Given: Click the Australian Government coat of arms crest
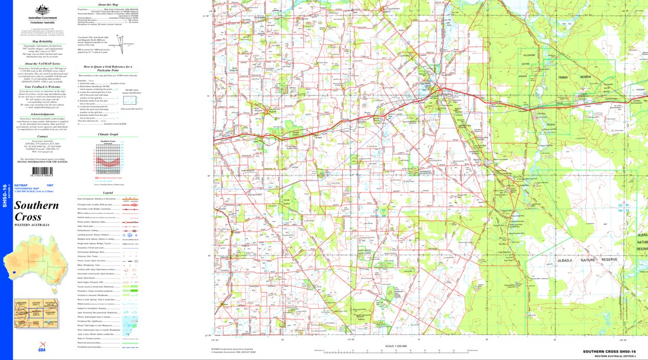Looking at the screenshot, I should coord(42,10).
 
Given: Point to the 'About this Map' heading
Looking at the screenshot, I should coord(107,5).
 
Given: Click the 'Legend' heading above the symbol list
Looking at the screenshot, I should coord(108,193).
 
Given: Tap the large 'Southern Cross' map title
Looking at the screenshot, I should coord(36,211).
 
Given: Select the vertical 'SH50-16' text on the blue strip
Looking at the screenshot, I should coord(5,196).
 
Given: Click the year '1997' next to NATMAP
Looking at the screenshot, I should coord(50,186).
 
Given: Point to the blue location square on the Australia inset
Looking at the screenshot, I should coord(14,272).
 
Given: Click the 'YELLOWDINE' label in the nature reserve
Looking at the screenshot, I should coord(530,55).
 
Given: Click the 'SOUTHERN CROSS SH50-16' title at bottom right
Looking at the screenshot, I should coord(609,352).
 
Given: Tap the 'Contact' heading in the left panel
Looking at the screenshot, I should coord(42,136).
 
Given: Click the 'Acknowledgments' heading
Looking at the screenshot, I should coord(42,114).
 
